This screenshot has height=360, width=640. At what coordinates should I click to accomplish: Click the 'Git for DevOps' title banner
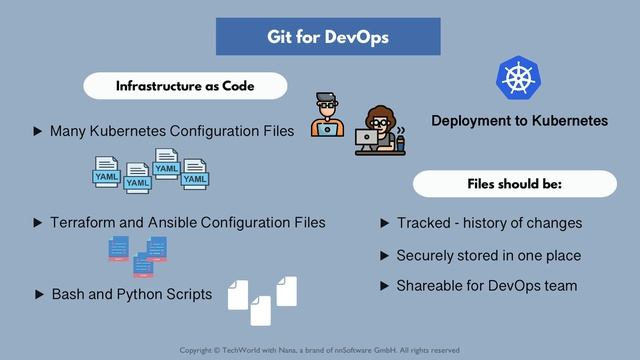click(x=328, y=37)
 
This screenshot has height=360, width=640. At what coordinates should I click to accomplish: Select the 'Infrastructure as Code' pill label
click(x=185, y=86)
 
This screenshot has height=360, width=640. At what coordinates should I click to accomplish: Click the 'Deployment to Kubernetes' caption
click(x=519, y=120)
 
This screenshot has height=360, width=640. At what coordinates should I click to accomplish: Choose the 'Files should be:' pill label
click(x=514, y=185)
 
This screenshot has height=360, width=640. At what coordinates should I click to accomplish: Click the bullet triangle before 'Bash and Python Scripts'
click(x=39, y=295)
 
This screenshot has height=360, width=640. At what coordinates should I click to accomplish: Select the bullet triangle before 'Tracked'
click(x=384, y=223)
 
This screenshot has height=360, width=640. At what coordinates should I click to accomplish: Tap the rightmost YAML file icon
click(x=194, y=173)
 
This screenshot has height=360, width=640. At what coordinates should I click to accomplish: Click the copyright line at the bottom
click(x=319, y=350)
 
